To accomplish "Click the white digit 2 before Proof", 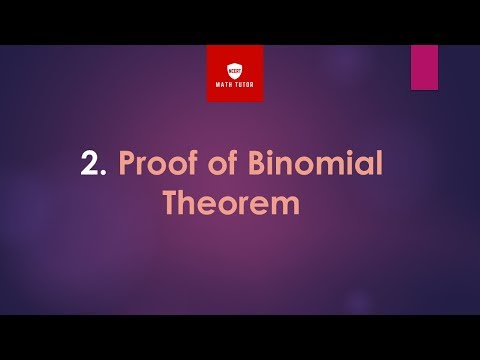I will pyautogui.click(x=91, y=164).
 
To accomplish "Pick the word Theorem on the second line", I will pyautogui.click(x=231, y=203).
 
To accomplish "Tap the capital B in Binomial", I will pyautogui.click(x=263, y=164).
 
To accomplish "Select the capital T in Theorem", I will pyautogui.click(x=171, y=203).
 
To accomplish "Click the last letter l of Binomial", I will pyautogui.click(x=378, y=163).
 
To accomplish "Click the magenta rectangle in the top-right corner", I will pyautogui.click(x=424, y=66).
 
